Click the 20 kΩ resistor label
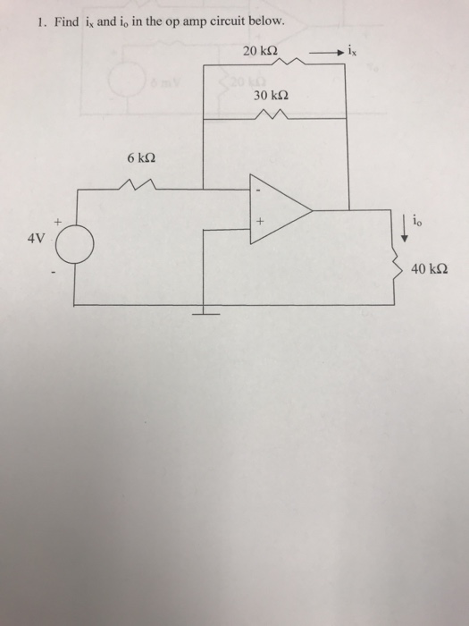coord(261,51)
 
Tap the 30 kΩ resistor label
coord(272,96)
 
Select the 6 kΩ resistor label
coord(141,158)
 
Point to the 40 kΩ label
coord(429,269)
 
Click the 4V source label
coord(37,239)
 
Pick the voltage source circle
coord(75,244)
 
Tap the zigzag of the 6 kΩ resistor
coord(138,184)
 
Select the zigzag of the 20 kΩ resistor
coord(291,61)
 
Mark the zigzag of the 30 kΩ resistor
coord(272,114)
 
